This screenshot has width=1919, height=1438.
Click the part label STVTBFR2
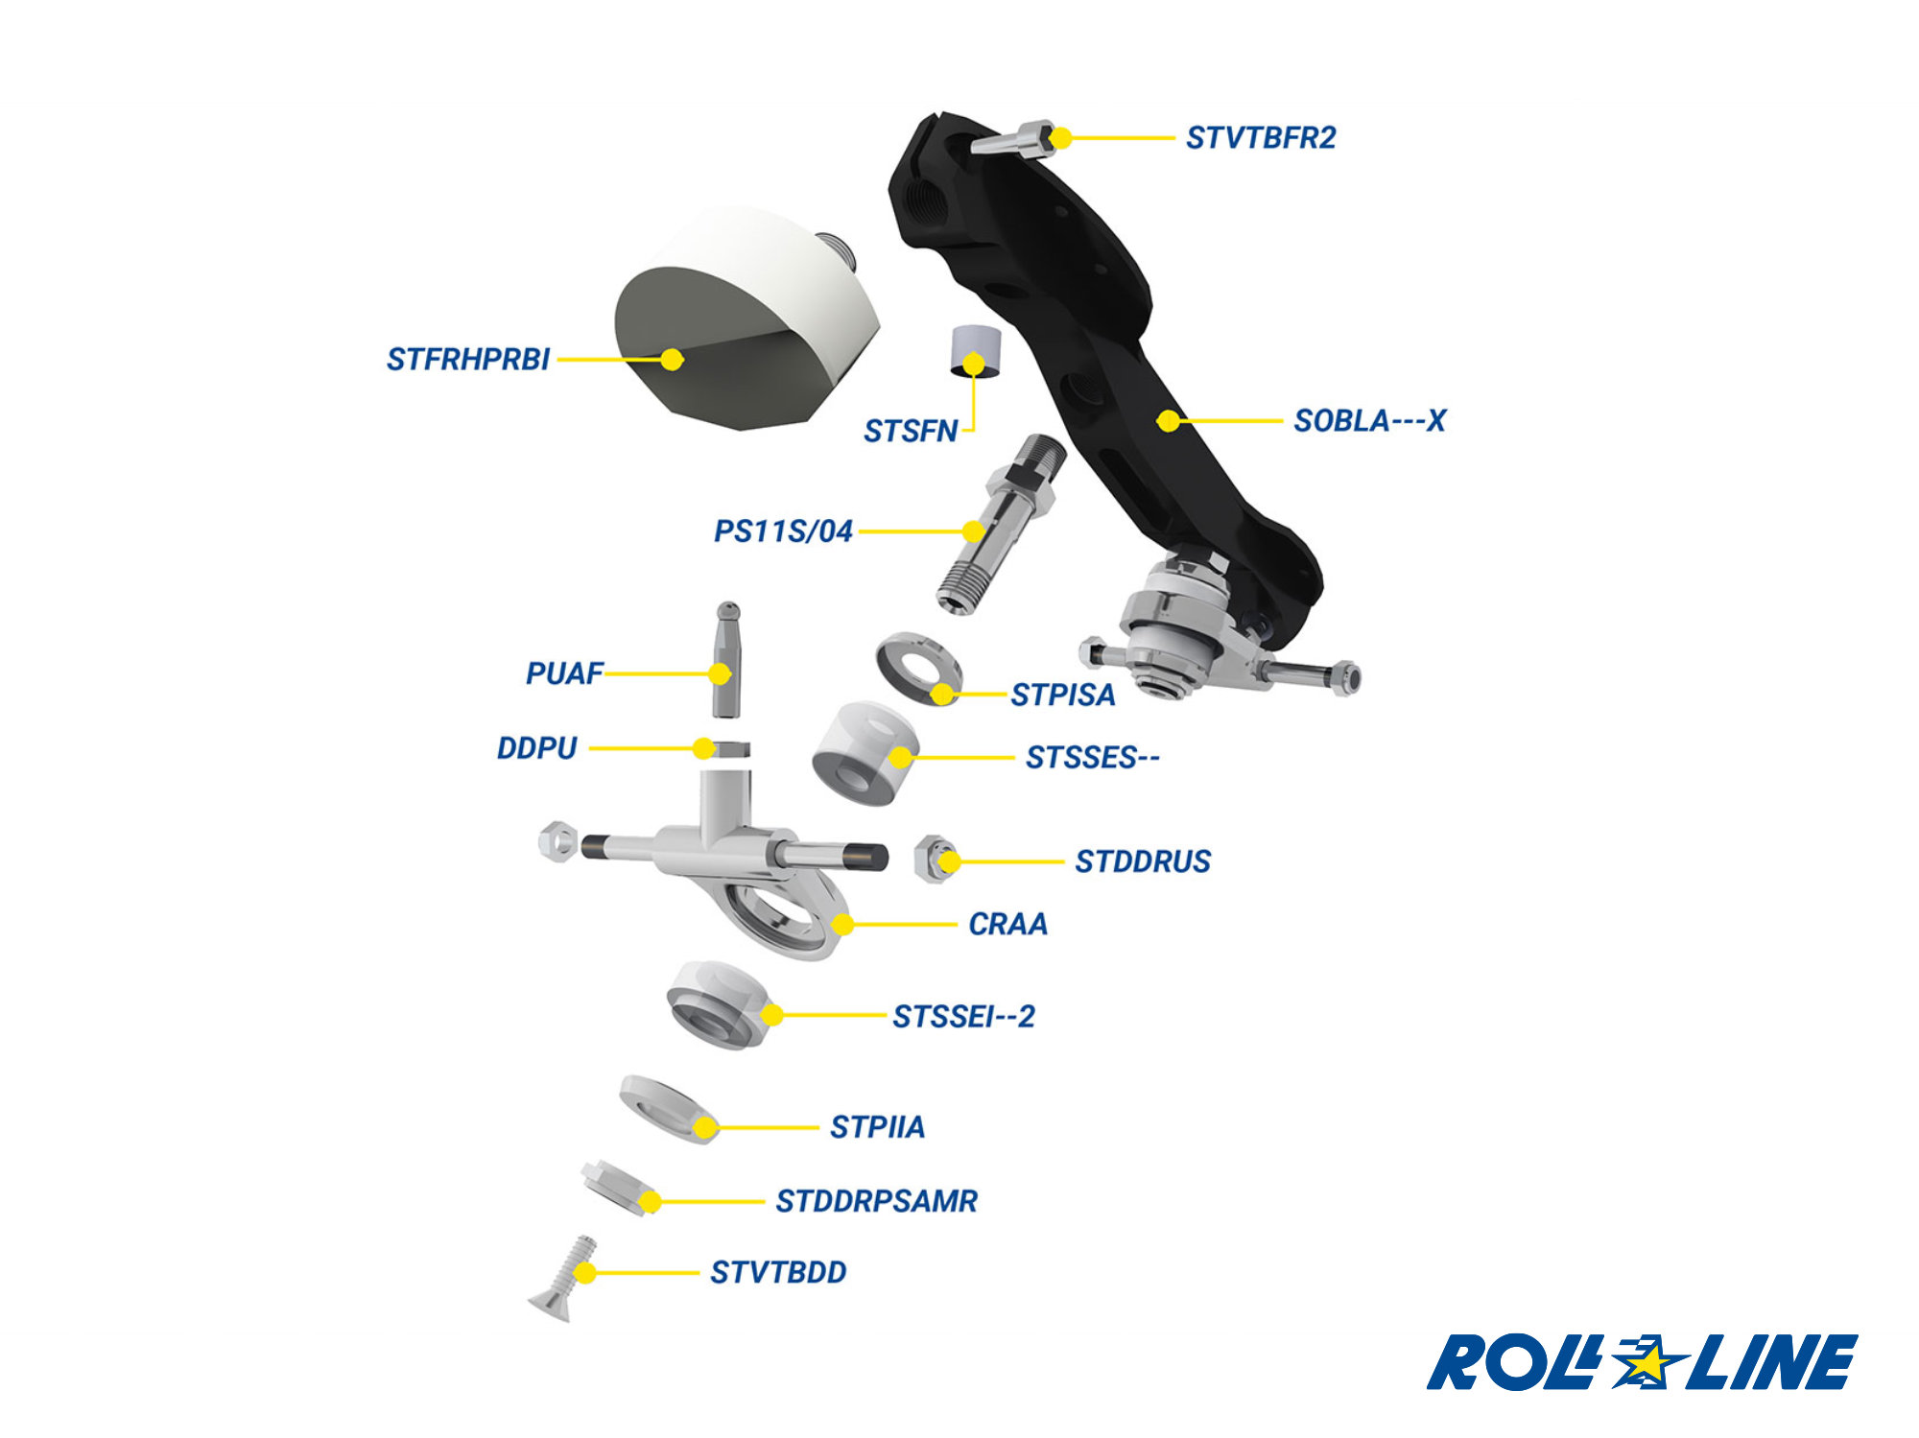pos(1260,138)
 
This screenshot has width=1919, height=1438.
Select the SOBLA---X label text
pos(1368,421)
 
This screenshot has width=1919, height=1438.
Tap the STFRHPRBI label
pos(467,360)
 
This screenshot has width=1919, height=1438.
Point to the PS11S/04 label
pos(783,531)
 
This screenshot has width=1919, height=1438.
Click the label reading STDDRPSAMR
pos(876,1201)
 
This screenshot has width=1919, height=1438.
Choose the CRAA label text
pos(1007,925)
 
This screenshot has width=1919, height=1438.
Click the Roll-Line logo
pos(1641,1362)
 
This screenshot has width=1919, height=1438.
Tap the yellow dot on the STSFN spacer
pos(974,364)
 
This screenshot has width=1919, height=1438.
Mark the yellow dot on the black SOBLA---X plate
pos(1168,420)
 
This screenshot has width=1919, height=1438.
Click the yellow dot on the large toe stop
pos(672,360)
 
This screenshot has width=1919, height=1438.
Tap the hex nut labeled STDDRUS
pos(934,859)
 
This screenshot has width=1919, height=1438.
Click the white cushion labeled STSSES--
pos(864,753)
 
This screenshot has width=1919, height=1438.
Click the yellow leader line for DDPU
pos(643,748)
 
